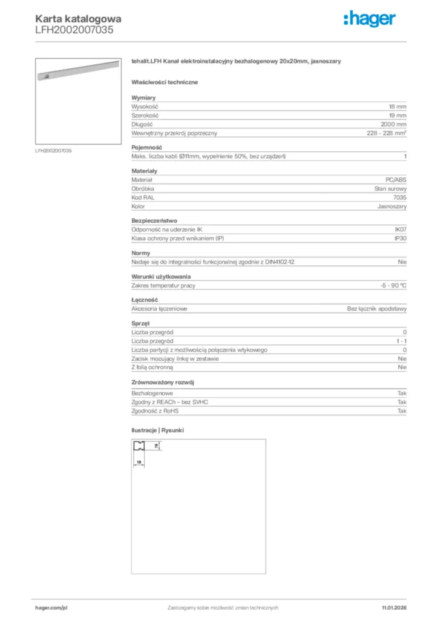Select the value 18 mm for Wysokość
(397, 106)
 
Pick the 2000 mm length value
(394, 124)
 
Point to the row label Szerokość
(145, 115)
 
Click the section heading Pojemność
(146, 147)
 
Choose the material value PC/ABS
(396, 180)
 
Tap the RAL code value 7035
(400, 197)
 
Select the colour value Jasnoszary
(393, 206)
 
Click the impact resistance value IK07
(400, 229)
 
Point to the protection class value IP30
(400, 239)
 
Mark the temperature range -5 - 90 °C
(389, 285)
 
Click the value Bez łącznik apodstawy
(376, 308)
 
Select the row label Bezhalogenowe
(151, 393)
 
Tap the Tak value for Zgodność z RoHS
(402, 411)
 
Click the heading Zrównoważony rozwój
(163, 383)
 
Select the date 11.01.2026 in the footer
(394, 607)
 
